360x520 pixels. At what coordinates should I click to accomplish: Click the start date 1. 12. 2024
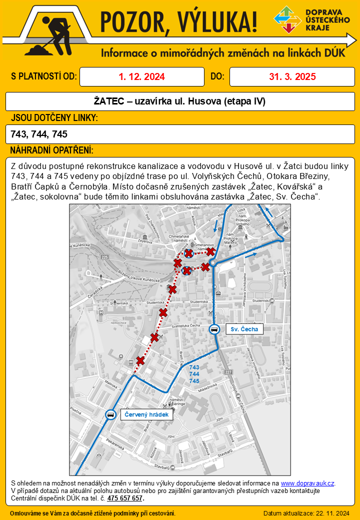(x=142, y=76)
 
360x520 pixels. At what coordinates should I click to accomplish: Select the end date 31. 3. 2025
(x=292, y=76)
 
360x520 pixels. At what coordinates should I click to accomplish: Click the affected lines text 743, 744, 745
(x=39, y=134)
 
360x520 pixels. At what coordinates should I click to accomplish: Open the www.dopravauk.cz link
(x=307, y=483)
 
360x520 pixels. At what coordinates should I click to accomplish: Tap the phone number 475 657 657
(x=125, y=498)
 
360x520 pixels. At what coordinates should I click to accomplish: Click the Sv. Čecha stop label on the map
(x=244, y=329)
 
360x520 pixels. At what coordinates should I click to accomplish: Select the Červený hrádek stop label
(x=146, y=414)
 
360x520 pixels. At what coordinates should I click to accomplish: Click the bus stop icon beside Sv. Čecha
(x=214, y=329)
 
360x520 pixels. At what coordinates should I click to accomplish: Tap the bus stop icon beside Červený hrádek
(x=109, y=414)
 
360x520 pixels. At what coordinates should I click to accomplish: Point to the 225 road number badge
(x=104, y=257)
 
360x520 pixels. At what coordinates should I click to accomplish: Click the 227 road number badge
(x=229, y=372)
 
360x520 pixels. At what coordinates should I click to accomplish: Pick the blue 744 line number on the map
(x=194, y=374)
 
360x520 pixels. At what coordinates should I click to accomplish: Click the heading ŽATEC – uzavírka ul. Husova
(x=179, y=101)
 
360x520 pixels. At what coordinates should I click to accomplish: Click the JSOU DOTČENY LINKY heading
(x=54, y=118)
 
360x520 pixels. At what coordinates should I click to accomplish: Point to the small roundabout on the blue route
(x=213, y=262)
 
